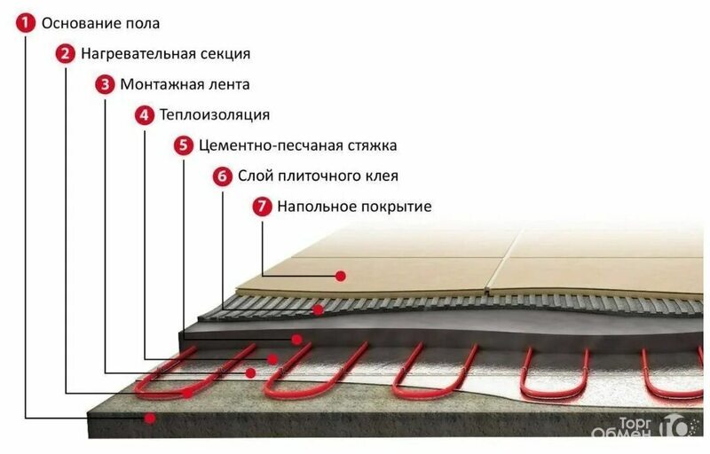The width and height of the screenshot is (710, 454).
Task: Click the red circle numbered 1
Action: (x=26, y=23)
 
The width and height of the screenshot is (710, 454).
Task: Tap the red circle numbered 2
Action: (x=65, y=53)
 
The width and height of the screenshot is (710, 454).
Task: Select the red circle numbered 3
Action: (x=105, y=84)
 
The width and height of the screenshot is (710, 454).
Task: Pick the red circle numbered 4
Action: (x=144, y=115)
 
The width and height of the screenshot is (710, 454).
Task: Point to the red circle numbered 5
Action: (x=184, y=145)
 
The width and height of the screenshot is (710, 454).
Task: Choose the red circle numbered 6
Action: (x=223, y=176)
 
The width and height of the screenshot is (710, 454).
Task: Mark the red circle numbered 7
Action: (x=262, y=207)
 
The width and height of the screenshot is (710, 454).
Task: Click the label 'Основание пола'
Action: (x=100, y=23)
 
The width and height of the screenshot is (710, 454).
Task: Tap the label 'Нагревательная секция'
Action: (x=166, y=54)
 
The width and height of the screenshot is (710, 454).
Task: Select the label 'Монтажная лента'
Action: (x=185, y=84)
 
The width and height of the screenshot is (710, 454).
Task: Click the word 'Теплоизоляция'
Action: (x=215, y=115)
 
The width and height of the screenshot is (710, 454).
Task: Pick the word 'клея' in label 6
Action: (x=383, y=176)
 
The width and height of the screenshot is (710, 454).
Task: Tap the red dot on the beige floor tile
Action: (x=341, y=276)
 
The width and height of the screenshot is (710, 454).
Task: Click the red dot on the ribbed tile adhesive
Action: (x=319, y=309)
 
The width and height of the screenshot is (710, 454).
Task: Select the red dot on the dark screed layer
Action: (x=296, y=339)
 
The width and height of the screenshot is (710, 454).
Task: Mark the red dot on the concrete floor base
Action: (x=149, y=419)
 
